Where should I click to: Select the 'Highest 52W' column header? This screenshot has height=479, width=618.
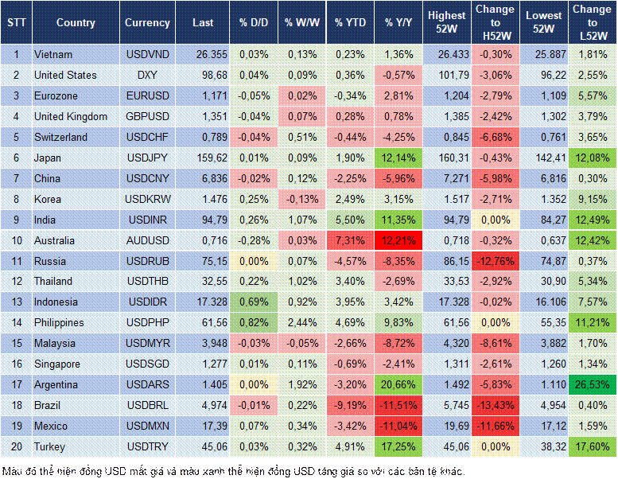click(446, 23)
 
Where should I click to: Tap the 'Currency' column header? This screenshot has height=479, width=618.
click(147, 23)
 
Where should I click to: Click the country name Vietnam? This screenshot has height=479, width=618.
click(53, 54)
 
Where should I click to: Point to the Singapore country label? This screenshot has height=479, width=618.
click(58, 364)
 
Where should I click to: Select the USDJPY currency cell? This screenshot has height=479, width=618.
click(147, 158)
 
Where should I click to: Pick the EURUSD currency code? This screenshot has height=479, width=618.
click(147, 95)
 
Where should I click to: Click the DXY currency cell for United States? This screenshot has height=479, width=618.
click(147, 75)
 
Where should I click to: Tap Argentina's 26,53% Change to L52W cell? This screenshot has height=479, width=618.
click(592, 384)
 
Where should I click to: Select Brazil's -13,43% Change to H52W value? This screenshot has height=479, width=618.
click(496, 405)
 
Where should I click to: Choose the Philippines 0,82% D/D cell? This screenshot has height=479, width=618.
click(253, 322)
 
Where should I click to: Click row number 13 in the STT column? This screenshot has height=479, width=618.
click(16, 302)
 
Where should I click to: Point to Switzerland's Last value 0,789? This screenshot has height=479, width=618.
click(203, 137)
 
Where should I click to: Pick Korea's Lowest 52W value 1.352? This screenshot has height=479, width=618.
click(545, 199)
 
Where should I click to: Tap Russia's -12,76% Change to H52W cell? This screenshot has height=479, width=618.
click(496, 261)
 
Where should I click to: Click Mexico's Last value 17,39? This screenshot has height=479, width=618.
click(203, 426)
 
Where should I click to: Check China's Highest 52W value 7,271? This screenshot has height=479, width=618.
click(446, 178)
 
